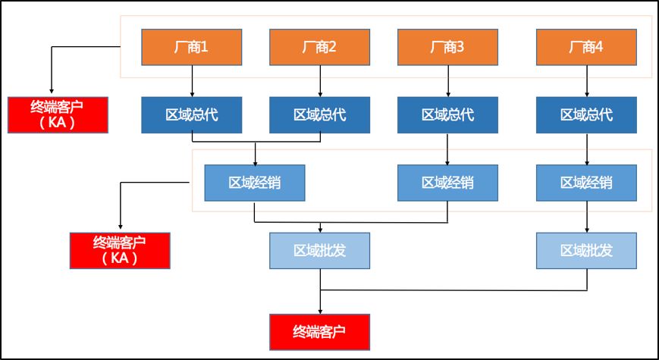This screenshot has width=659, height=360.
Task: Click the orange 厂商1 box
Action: pyautogui.click(x=192, y=47)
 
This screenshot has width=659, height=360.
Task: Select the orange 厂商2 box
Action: pyautogui.click(x=319, y=47)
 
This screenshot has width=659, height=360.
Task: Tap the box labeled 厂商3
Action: pyautogui.click(x=447, y=47)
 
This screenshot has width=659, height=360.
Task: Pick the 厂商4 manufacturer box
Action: pyautogui.click(x=586, y=47)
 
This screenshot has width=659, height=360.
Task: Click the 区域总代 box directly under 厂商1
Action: pyautogui.click(x=192, y=114)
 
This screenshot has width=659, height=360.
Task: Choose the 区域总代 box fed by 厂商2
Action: pyautogui.click(x=319, y=114)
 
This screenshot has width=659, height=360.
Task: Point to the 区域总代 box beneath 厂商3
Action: pyautogui.click(x=447, y=114)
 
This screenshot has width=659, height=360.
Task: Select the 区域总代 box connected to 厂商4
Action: pyautogui.click(x=586, y=114)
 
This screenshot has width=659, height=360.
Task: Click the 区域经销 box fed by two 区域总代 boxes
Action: pyautogui.click(x=255, y=183)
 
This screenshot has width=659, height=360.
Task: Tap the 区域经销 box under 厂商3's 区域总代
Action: pyautogui.click(x=447, y=183)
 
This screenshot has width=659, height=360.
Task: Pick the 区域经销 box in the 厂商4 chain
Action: pyautogui.click(x=586, y=183)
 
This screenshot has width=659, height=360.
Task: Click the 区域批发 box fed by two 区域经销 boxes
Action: pyautogui.click(x=319, y=250)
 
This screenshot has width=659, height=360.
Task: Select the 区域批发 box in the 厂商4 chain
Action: pyautogui.click(x=586, y=250)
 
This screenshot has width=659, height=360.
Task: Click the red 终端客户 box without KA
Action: pyautogui.click(x=319, y=331)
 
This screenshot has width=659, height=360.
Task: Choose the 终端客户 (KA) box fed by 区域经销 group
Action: pyautogui.click(x=120, y=250)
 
